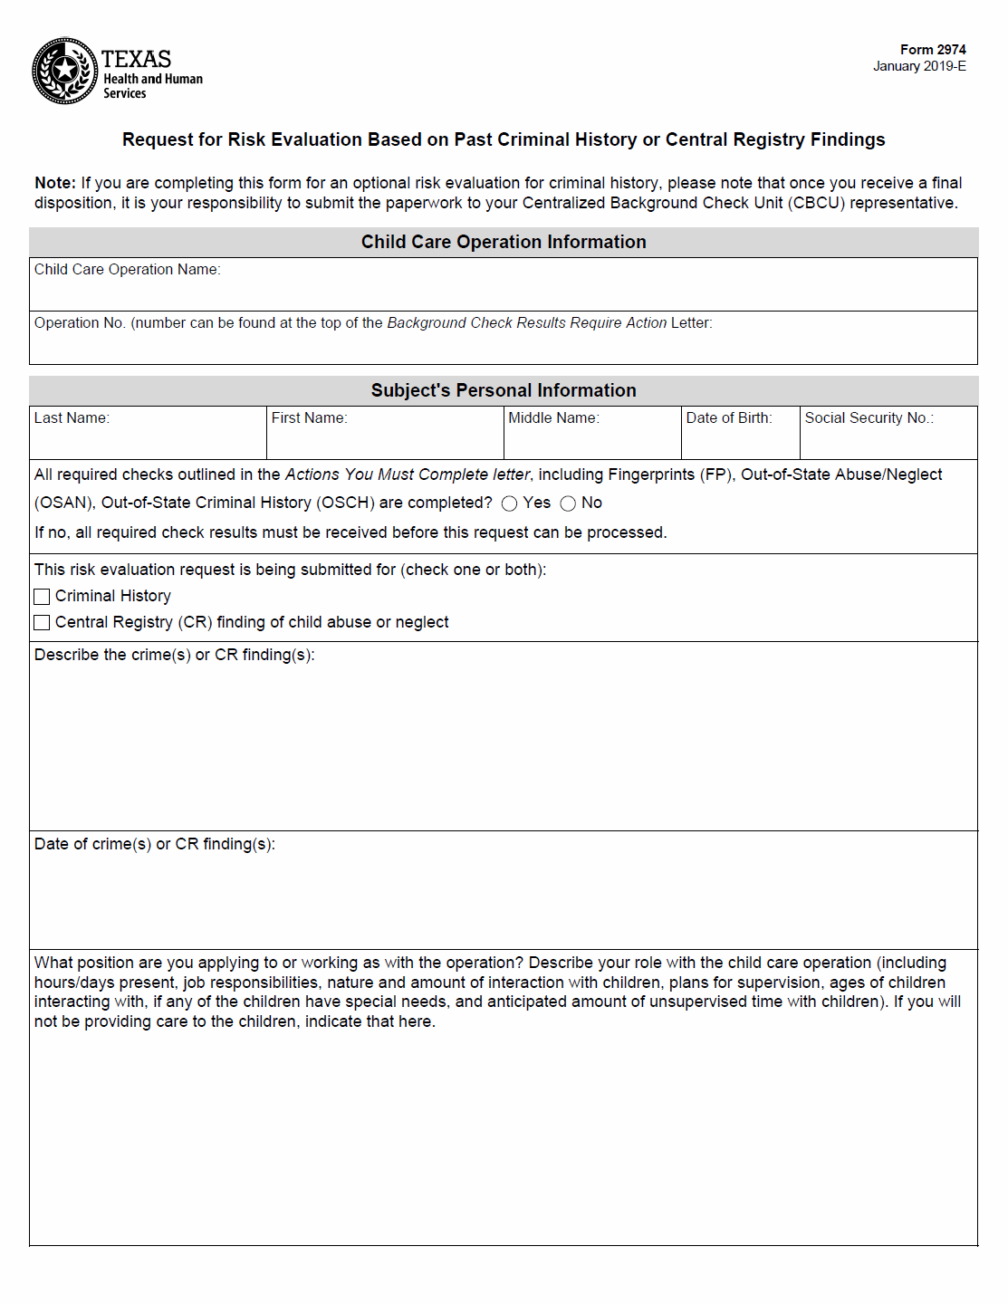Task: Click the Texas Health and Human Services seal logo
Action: (65, 71)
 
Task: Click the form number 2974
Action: (933, 50)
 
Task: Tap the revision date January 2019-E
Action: (919, 66)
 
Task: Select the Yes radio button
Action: (510, 503)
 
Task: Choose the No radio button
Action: (568, 503)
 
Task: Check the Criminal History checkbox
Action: (42, 597)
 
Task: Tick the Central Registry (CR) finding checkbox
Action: (42, 623)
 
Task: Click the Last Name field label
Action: (72, 418)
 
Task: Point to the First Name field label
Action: (309, 418)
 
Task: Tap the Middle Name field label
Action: (553, 418)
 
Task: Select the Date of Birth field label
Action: (729, 418)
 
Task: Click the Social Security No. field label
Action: (869, 418)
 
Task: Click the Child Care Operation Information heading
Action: (504, 242)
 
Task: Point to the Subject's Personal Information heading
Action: (504, 390)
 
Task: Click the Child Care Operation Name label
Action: (127, 270)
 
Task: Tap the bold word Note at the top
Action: (54, 183)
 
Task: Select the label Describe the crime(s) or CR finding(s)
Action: (175, 655)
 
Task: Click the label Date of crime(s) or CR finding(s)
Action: (155, 844)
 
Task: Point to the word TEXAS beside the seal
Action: (136, 59)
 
